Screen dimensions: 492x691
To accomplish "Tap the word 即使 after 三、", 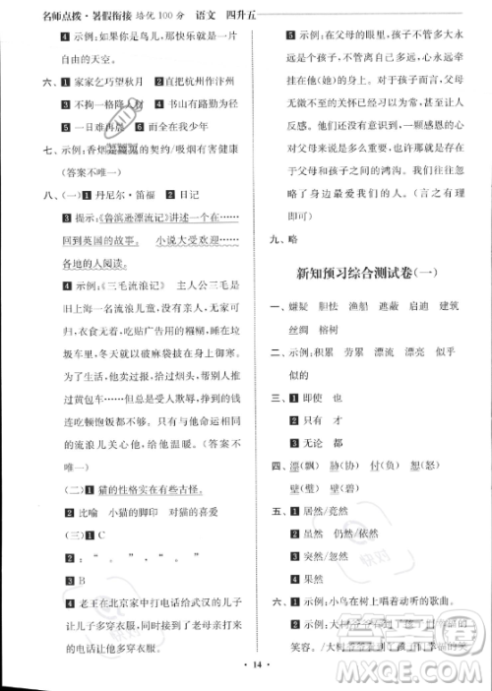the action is pyautogui.click(x=313, y=398).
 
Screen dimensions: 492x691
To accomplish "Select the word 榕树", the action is pyautogui.click(x=328, y=330).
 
